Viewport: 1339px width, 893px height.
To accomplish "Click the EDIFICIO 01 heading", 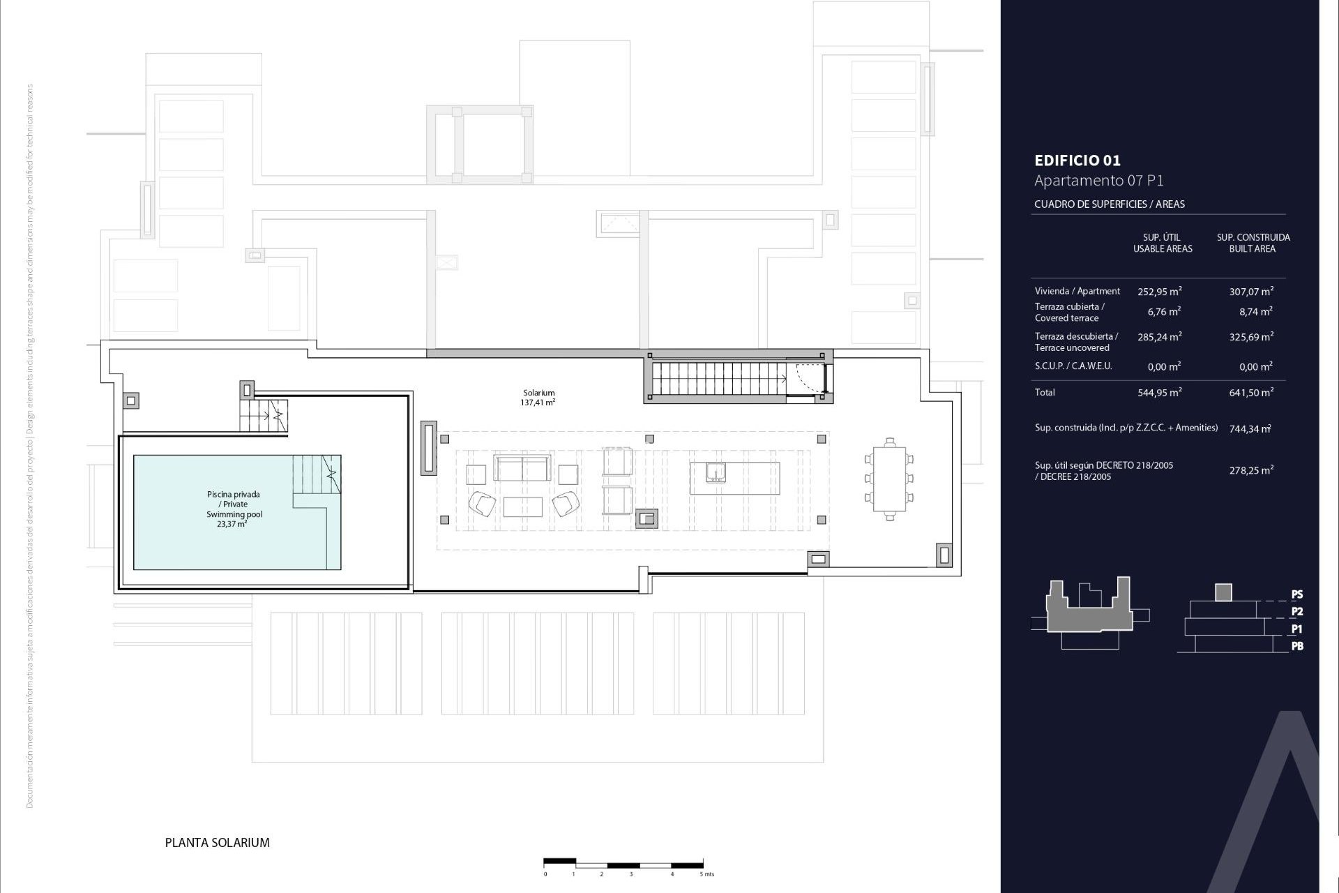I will coord(1077,160).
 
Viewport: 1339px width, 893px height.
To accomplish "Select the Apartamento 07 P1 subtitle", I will coord(1098,181).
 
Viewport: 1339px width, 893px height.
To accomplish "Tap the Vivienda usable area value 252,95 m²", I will coord(1159,292).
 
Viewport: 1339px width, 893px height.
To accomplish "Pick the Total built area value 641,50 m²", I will coord(1251,393).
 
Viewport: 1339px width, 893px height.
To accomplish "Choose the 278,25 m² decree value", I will coord(1251,471).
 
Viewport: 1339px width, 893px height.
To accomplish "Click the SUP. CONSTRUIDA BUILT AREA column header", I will coord(1253,243).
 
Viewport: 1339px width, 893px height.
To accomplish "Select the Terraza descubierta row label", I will coord(1076,342).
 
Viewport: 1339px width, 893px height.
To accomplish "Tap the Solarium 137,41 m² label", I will coord(538,398).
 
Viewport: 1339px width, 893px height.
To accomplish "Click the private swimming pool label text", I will coord(234,509).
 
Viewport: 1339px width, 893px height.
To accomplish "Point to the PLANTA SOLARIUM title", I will coord(217,843).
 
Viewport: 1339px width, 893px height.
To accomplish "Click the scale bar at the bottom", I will coord(623,863).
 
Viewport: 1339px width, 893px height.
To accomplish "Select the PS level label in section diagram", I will coord(1296,594).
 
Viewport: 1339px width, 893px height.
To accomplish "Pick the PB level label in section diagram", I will coord(1296,646).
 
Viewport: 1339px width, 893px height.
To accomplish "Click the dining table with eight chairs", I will coord(889,479).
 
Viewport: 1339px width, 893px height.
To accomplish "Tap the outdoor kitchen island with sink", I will coord(734,478).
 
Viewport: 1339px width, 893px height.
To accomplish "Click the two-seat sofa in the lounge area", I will coord(522,467).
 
